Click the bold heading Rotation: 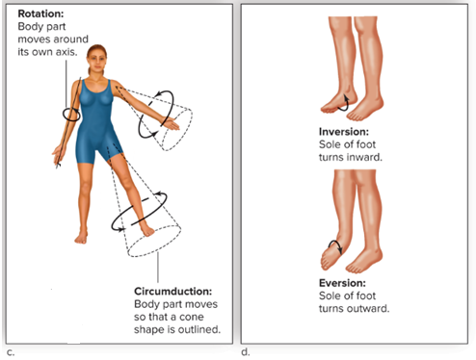pos(40,13)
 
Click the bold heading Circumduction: pos(172,292)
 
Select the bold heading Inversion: pos(344,132)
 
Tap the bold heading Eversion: pos(342,283)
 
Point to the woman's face pos(96,61)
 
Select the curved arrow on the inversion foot pos(344,103)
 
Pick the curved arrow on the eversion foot pos(335,246)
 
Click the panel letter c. pos(11,352)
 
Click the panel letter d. pos(246,352)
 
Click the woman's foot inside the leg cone pos(147,229)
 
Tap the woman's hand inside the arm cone pos(171,124)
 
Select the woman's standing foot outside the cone pos(81,237)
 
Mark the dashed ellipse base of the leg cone pos(154,242)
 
